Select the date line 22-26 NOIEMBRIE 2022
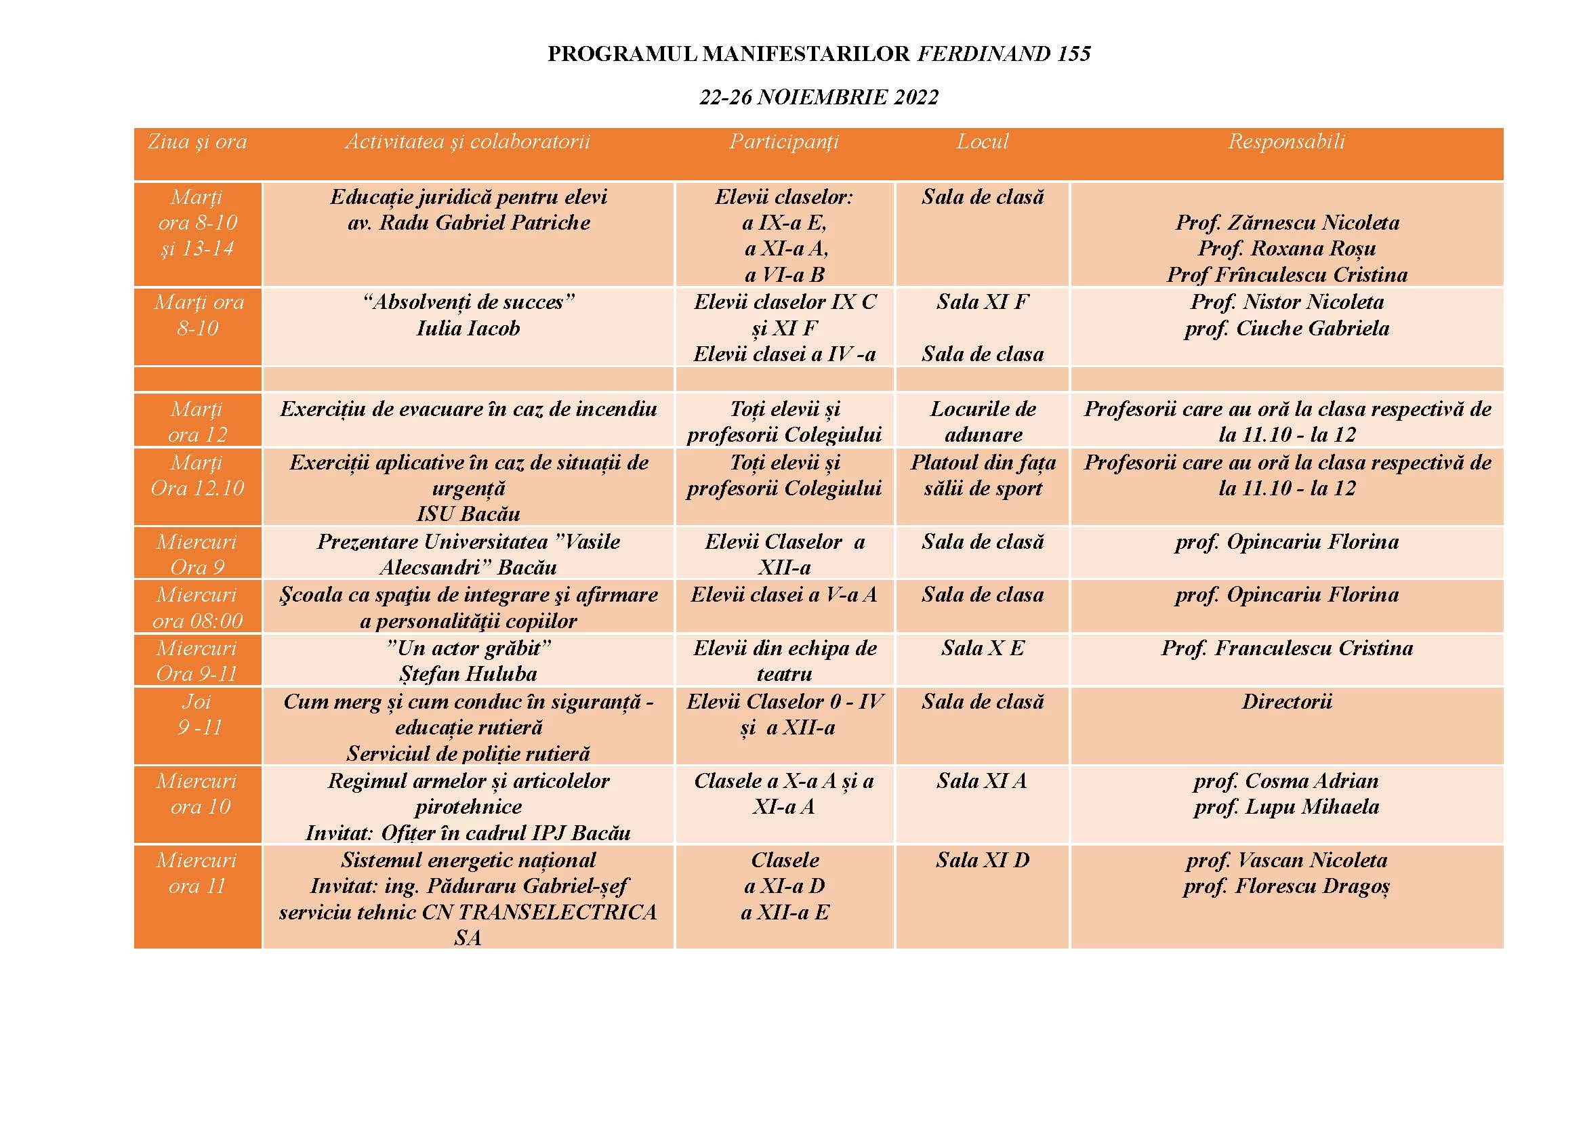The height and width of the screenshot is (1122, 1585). pyautogui.click(x=819, y=98)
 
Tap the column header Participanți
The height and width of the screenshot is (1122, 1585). pyautogui.click(x=784, y=142)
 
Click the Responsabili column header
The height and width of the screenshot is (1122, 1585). pyautogui.click(x=1286, y=142)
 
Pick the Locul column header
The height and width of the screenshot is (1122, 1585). pyautogui.click(x=983, y=142)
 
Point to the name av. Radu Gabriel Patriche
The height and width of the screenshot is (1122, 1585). pyautogui.click(x=468, y=222)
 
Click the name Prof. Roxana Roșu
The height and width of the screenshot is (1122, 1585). pyautogui.click(x=1287, y=248)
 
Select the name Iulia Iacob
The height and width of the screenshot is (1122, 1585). pyautogui.click(x=468, y=328)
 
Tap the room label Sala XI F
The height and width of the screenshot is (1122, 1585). pyautogui.click(x=983, y=302)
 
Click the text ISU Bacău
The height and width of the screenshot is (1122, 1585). pyautogui.click(x=468, y=514)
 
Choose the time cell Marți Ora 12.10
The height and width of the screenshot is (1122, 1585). pyautogui.click(x=198, y=476)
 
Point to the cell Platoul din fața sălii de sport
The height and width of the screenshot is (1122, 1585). pyautogui.click(x=983, y=476)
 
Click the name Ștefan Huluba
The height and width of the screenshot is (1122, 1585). pyautogui.click(x=468, y=673)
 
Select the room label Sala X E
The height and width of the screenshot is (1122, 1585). pyautogui.click(x=983, y=648)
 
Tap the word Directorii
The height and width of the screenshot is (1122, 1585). pyautogui.click(x=1286, y=702)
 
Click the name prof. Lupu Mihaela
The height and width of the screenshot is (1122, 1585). pyautogui.click(x=1286, y=807)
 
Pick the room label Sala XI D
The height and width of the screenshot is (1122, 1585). pyautogui.click(x=983, y=860)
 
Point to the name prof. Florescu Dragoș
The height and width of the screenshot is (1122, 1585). pyautogui.click(x=1286, y=886)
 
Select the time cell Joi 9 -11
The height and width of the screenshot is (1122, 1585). pyautogui.click(x=198, y=715)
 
